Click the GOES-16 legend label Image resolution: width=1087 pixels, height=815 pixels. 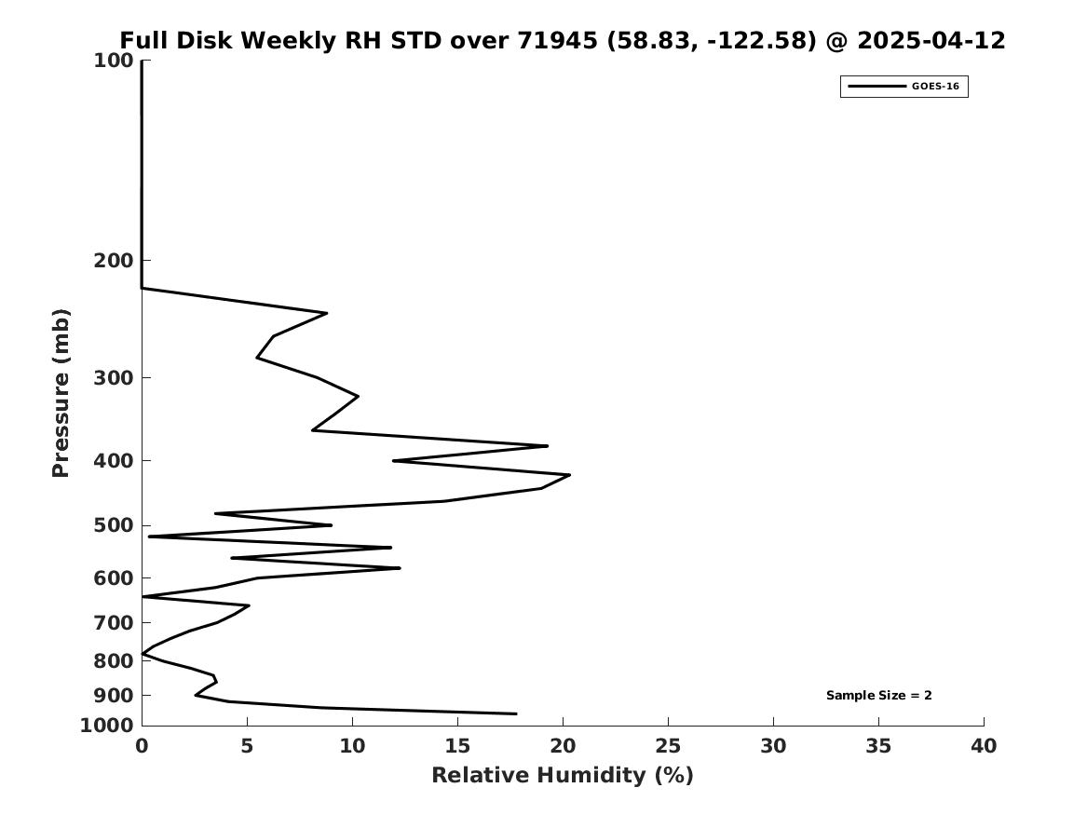(x=935, y=87)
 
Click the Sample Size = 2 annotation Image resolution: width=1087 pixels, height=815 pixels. (x=879, y=695)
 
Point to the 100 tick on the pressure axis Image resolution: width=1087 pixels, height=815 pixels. (x=114, y=61)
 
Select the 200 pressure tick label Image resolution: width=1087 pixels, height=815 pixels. (x=114, y=261)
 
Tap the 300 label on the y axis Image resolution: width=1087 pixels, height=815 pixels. (x=114, y=378)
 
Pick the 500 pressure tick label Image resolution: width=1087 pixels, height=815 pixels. (x=114, y=525)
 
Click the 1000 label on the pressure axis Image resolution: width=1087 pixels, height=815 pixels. (x=107, y=726)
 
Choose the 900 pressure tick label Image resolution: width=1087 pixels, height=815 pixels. (x=114, y=695)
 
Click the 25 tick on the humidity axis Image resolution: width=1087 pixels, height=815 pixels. (x=668, y=746)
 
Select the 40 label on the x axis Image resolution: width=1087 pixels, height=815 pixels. (x=984, y=746)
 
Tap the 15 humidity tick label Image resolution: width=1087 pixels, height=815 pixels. (x=457, y=746)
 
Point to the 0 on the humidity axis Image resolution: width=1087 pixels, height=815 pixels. (x=143, y=746)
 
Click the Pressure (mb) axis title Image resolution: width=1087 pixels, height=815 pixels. (x=61, y=393)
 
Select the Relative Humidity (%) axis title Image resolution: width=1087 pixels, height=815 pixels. (x=563, y=775)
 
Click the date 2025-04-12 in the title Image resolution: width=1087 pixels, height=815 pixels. (x=931, y=41)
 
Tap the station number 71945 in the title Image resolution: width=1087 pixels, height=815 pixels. (x=557, y=41)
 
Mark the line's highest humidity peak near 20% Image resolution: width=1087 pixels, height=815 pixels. (x=570, y=475)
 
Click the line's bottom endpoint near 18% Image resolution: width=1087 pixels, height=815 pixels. (x=516, y=713)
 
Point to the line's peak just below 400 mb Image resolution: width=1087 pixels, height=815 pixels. (x=548, y=445)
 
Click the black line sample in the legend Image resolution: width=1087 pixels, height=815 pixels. (x=876, y=87)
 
